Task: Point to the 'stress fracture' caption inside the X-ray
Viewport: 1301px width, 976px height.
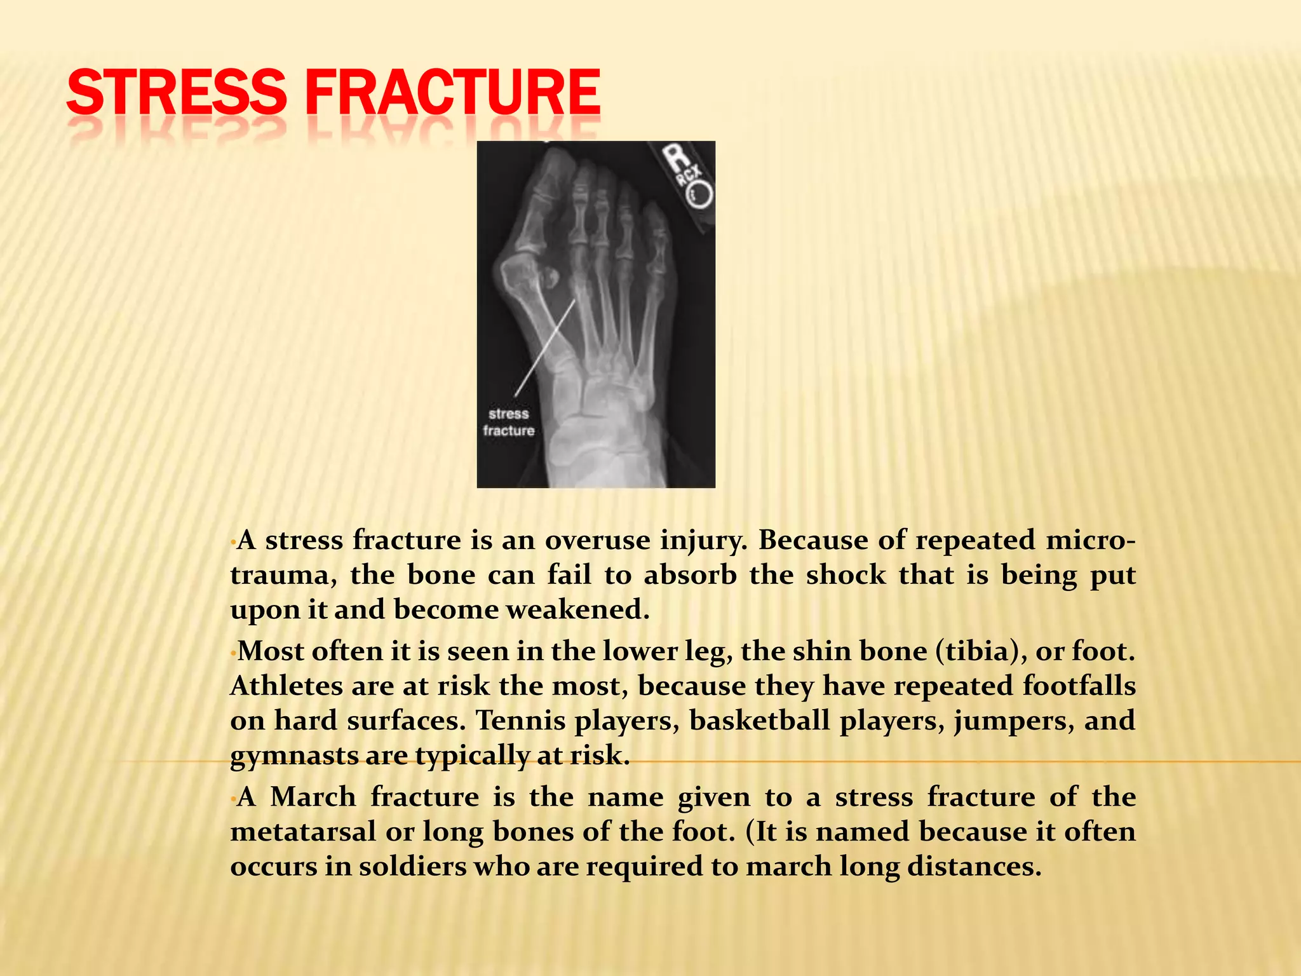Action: [508, 423]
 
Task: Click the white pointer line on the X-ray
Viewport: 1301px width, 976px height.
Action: [545, 348]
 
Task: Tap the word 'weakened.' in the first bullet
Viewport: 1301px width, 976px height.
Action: [577, 610]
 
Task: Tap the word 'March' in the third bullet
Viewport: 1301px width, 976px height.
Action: [313, 797]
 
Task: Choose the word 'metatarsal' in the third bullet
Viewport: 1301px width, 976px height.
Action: [303, 832]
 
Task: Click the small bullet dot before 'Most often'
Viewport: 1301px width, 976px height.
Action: [233, 653]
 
